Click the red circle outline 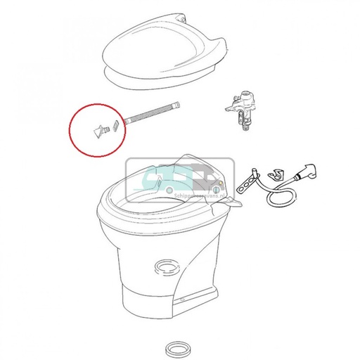(x=70, y=130)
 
